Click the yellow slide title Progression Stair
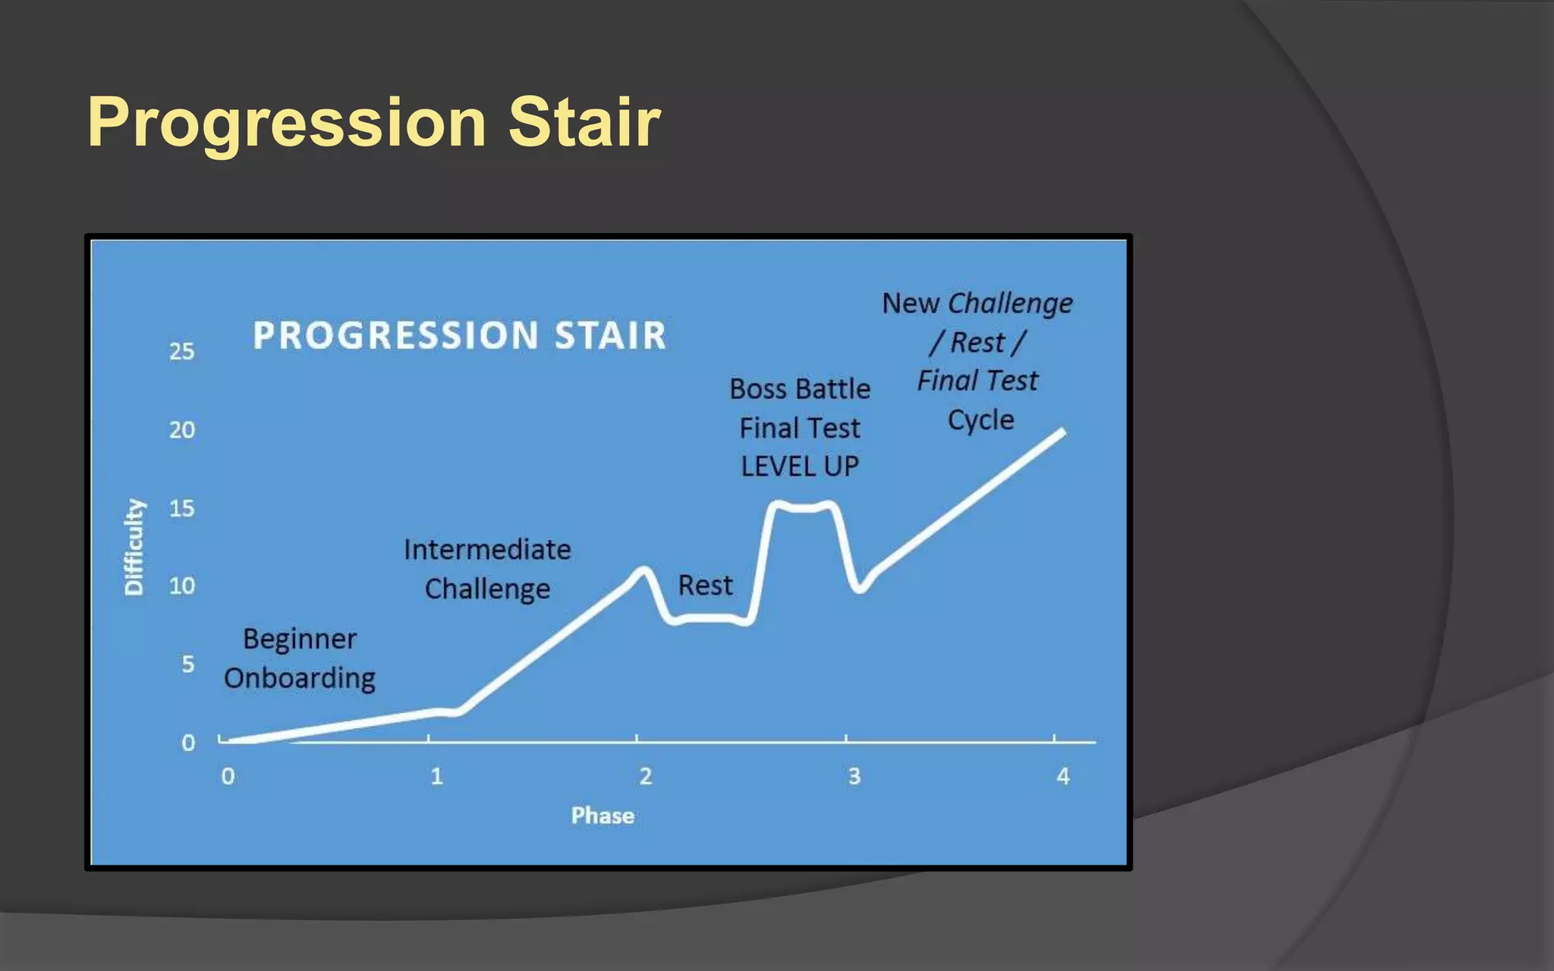point(374,122)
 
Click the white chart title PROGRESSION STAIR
point(459,335)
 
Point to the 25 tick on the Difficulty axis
point(181,351)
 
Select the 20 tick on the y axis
point(181,430)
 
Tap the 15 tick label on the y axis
point(181,508)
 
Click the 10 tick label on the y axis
point(181,586)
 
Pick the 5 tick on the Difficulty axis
point(187,665)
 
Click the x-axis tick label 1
point(436,776)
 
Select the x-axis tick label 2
point(645,776)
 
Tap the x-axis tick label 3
point(854,776)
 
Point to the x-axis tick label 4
point(1063,776)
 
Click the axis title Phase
point(602,815)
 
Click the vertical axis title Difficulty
point(134,547)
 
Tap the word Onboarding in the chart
point(300,678)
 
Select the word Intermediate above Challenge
point(487,549)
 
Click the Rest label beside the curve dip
point(705,586)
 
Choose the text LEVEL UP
point(800,467)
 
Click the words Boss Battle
point(800,389)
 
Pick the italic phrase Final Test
point(977,380)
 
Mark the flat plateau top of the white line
point(803,507)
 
